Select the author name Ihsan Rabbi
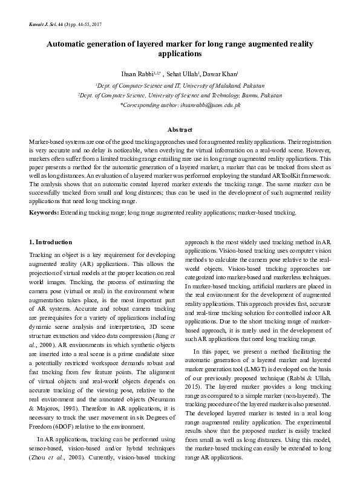pyautogui.click(x=136, y=73)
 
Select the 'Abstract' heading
pyautogui.click(x=180, y=130)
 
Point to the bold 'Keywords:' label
pyautogui.click(x=44, y=213)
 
